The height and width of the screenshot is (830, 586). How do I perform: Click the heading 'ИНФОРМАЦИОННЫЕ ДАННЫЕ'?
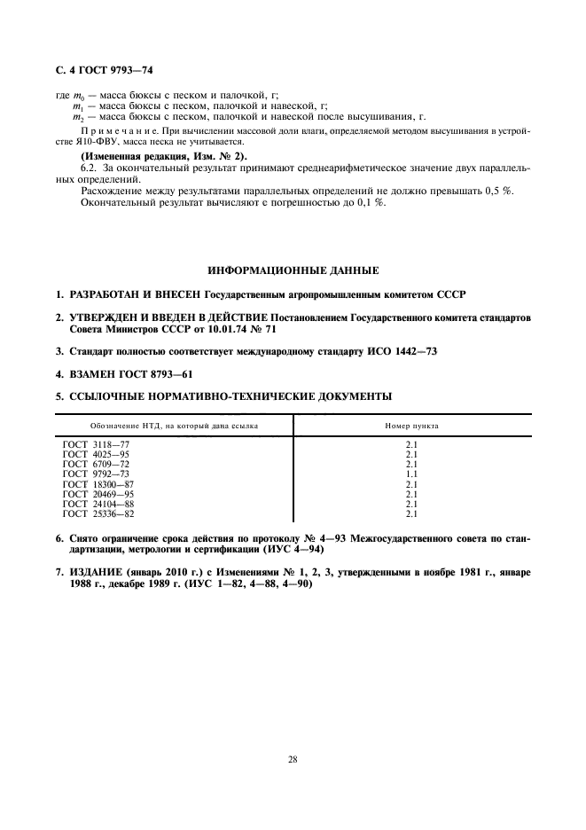pyautogui.click(x=293, y=269)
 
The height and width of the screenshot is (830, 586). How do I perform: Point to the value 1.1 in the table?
pyautogui.click(x=410, y=474)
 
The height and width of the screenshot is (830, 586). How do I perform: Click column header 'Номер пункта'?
pyautogui.click(x=410, y=426)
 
